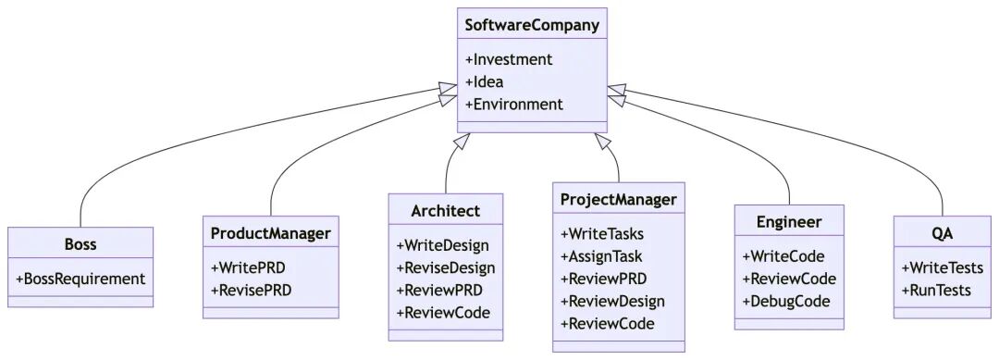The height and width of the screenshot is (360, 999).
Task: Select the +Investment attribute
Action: (508, 59)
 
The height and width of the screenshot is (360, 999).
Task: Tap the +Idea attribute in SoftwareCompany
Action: (484, 81)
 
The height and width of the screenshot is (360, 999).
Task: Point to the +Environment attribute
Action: (513, 104)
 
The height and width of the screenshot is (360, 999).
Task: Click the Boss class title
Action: (80, 244)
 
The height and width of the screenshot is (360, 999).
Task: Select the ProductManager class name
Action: (270, 233)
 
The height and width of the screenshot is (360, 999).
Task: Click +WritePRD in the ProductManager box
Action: (248, 267)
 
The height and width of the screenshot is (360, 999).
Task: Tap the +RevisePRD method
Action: (251, 290)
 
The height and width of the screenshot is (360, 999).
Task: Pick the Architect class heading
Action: (446, 211)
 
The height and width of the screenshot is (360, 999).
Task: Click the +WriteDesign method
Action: (442, 245)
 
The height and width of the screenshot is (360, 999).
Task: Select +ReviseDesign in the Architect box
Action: (446, 267)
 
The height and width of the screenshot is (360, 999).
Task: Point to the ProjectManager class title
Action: (618, 199)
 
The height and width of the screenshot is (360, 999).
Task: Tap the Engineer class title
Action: (789, 222)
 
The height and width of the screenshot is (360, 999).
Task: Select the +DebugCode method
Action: (786, 301)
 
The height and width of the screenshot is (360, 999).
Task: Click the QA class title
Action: (943, 233)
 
